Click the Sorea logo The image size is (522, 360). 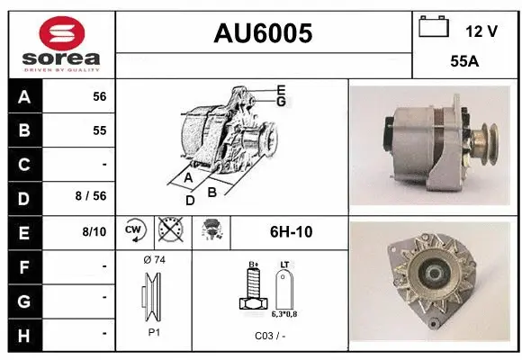pos(59,44)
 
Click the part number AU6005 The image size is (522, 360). pos(263,33)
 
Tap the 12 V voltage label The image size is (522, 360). pos(481,31)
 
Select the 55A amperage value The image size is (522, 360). pos(464,64)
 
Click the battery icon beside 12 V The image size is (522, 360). pos(435,27)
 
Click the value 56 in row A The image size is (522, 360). pos(99,96)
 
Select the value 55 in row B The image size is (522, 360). pos(99,130)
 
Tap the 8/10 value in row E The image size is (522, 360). pos(94,232)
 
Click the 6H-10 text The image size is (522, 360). pos(291,232)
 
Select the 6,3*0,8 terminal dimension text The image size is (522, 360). pos(284,315)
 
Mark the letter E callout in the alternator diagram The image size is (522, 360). pos(281,89)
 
